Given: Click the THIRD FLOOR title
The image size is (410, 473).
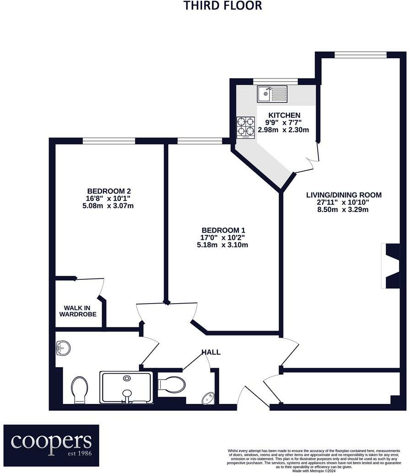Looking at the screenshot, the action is (223, 5).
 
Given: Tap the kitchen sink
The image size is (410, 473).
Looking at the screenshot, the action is (271, 94).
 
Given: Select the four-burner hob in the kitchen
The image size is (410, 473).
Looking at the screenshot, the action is (245, 127).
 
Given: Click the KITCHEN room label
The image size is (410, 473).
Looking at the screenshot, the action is (284, 115).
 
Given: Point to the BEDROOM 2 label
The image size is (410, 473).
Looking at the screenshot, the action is (106, 191).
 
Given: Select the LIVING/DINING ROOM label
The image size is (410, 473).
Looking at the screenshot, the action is (344, 195).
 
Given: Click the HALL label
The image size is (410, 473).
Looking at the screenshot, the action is (211, 352).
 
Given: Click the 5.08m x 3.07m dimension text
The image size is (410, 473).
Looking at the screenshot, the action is (106, 206).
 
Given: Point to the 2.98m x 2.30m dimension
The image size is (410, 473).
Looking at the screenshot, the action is (284, 130).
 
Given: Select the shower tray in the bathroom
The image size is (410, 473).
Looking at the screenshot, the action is (126, 387).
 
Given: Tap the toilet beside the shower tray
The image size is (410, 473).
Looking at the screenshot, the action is (79, 389).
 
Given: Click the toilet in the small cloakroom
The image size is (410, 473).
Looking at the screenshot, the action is (173, 384).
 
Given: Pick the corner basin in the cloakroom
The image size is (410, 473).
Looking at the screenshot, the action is (208, 397).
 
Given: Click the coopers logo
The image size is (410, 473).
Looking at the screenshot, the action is (51, 441).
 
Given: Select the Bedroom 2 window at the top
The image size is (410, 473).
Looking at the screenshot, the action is (109, 141).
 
